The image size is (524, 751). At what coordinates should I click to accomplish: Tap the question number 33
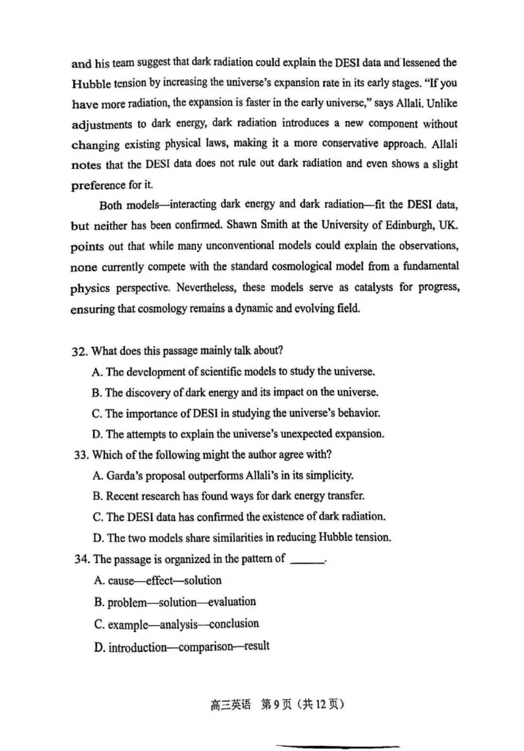click(x=79, y=454)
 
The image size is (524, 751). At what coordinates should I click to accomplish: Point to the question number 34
click(x=79, y=559)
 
